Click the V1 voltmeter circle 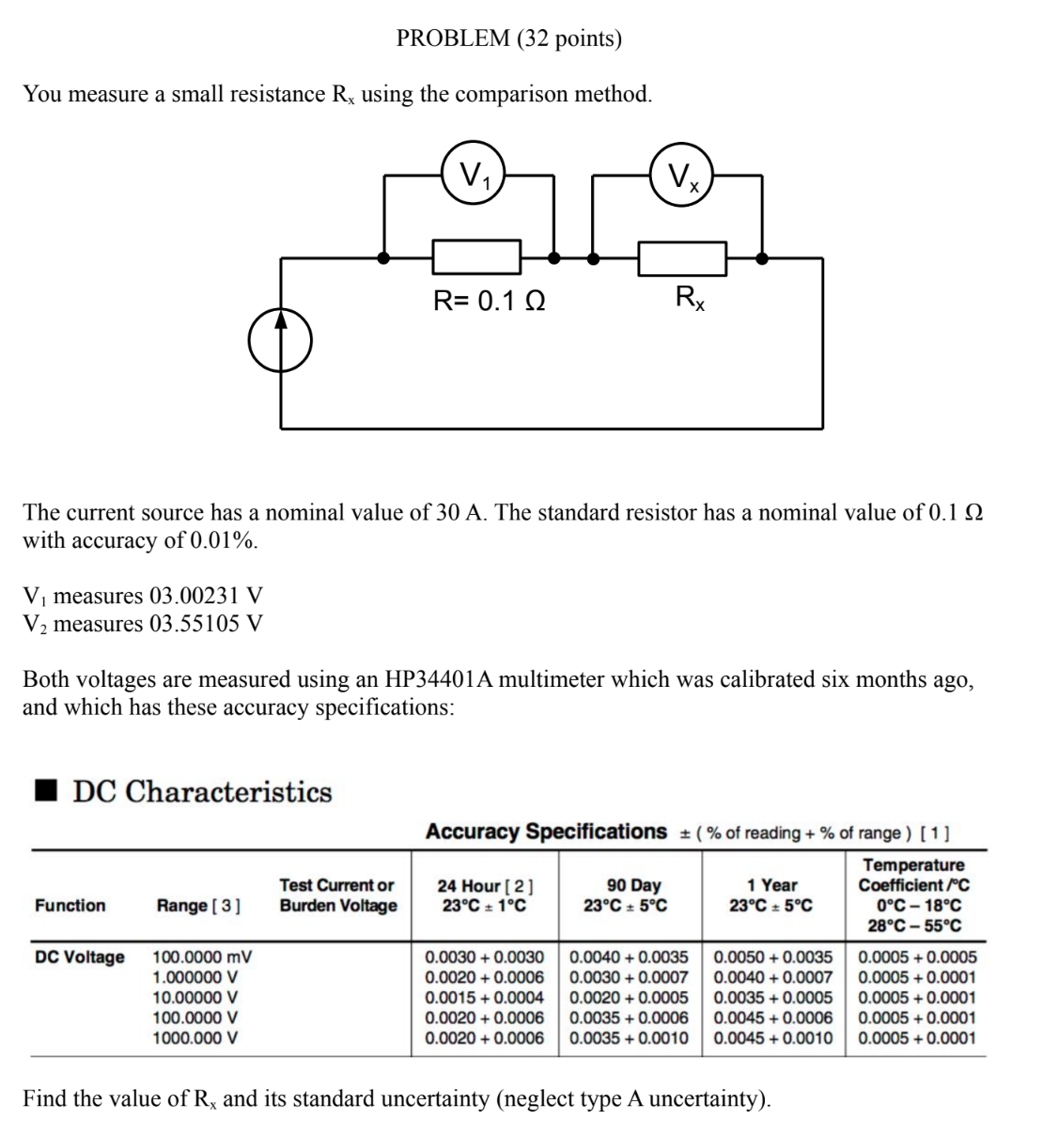[x=475, y=173]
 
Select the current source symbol [x=279, y=339]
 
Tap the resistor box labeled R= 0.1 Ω [x=476, y=257]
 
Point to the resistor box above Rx [x=682, y=257]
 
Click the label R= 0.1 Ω [x=489, y=302]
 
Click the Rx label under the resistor [x=691, y=299]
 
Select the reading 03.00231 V [x=206, y=597]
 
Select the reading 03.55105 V [x=206, y=624]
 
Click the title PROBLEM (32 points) [x=509, y=39]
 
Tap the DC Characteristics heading [x=202, y=792]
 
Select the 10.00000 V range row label [x=195, y=998]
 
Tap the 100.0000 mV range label [x=202, y=957]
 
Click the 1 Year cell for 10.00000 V [x=772, y=998]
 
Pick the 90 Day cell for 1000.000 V [x=629, y=1038]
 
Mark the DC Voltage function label [x=79, y=957]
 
